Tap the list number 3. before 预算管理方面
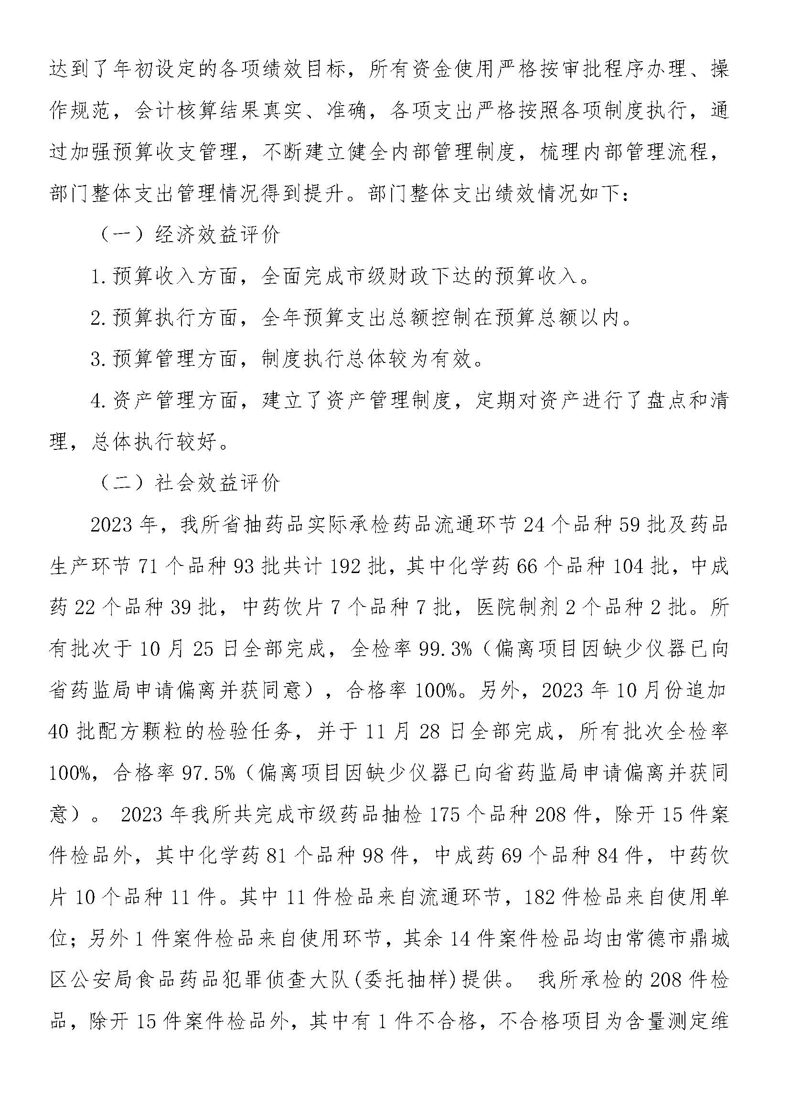(99, 360)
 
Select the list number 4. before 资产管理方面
(99, 400)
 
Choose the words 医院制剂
(517, 607)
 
